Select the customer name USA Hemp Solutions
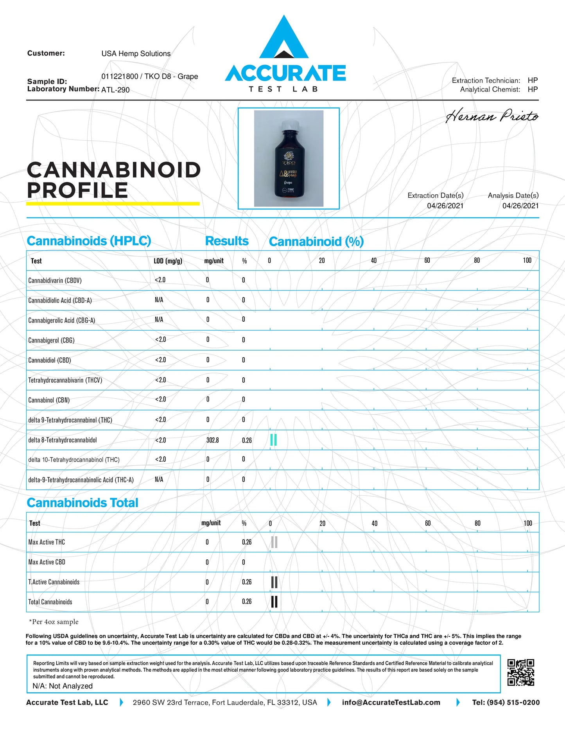(x=136, y=54)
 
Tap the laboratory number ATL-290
(x=115, y=90)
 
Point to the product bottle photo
(x=289, y=158)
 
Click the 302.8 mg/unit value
(x=212, y=440)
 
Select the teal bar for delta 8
(x=274, y=440)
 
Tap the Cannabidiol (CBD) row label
(x=50, y=360)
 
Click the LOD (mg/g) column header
(x=168, y=261)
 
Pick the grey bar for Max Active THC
(x=274, y=542)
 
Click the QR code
(x=520, y=672)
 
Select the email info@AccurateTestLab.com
(x=391, y=702)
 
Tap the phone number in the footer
(x=506, y=702)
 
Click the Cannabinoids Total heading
(x=83, y=503)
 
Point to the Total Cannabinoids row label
(x=50, y=602)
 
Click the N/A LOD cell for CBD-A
(x=159, y=300)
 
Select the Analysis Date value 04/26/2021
(x=520, y=206)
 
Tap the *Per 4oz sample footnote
(x=54, y=622)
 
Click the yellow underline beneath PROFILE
(x=113, y=204)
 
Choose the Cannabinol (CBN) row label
(x=49, y=400)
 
